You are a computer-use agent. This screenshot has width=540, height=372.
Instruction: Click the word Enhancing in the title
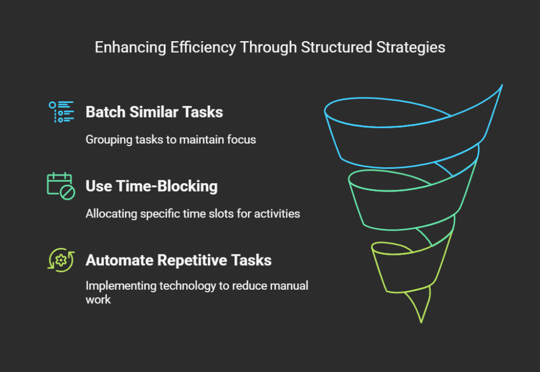point(131,47)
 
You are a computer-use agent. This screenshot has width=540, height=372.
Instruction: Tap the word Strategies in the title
point(410,47)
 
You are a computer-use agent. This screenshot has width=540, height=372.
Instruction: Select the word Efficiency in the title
point(203,47)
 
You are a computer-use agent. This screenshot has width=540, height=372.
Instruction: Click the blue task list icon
point(61,112)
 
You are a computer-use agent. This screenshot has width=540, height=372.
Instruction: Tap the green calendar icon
point(61,186)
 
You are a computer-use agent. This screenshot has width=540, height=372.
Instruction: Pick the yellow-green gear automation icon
point(61,260)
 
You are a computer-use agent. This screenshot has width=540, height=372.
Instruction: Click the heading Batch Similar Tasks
point(155,112)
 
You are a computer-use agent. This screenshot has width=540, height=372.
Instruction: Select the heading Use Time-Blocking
point(151,186)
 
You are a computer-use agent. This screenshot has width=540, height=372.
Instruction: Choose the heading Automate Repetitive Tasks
point(178,260)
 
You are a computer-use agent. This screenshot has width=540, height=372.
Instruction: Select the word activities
point(277,214)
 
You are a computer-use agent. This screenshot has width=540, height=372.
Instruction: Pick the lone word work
point(98,300)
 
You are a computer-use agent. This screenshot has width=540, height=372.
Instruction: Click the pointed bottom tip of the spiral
point(421,322)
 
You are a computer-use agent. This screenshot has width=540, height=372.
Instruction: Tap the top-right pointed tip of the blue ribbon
point(502,85)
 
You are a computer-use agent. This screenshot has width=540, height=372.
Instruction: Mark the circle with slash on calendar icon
point(67,193)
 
